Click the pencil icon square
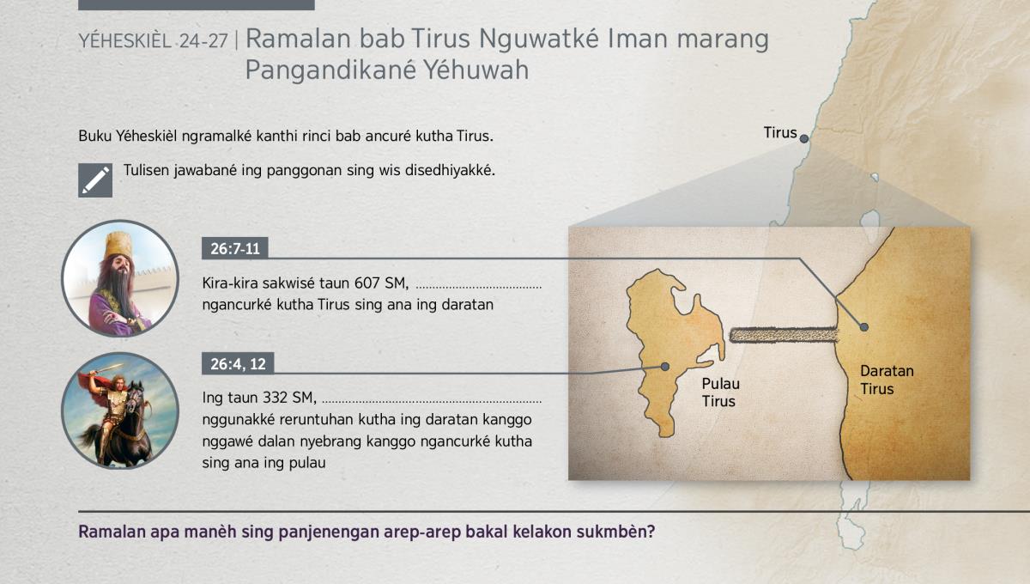click(95, 180)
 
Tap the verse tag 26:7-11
click(235, 248)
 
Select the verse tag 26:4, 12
click(238, 364)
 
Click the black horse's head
click(135, 399)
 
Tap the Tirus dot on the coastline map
click(803, 138)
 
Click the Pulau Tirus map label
click(720, 392)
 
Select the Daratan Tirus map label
click(887, 380)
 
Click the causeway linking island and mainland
click(784, 335)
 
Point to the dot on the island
click(665, 367)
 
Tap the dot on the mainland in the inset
click(864, 327)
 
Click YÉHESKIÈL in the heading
click(124, 41)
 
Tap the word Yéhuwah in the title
click(476, 70)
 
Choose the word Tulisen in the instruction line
click(146, 170)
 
